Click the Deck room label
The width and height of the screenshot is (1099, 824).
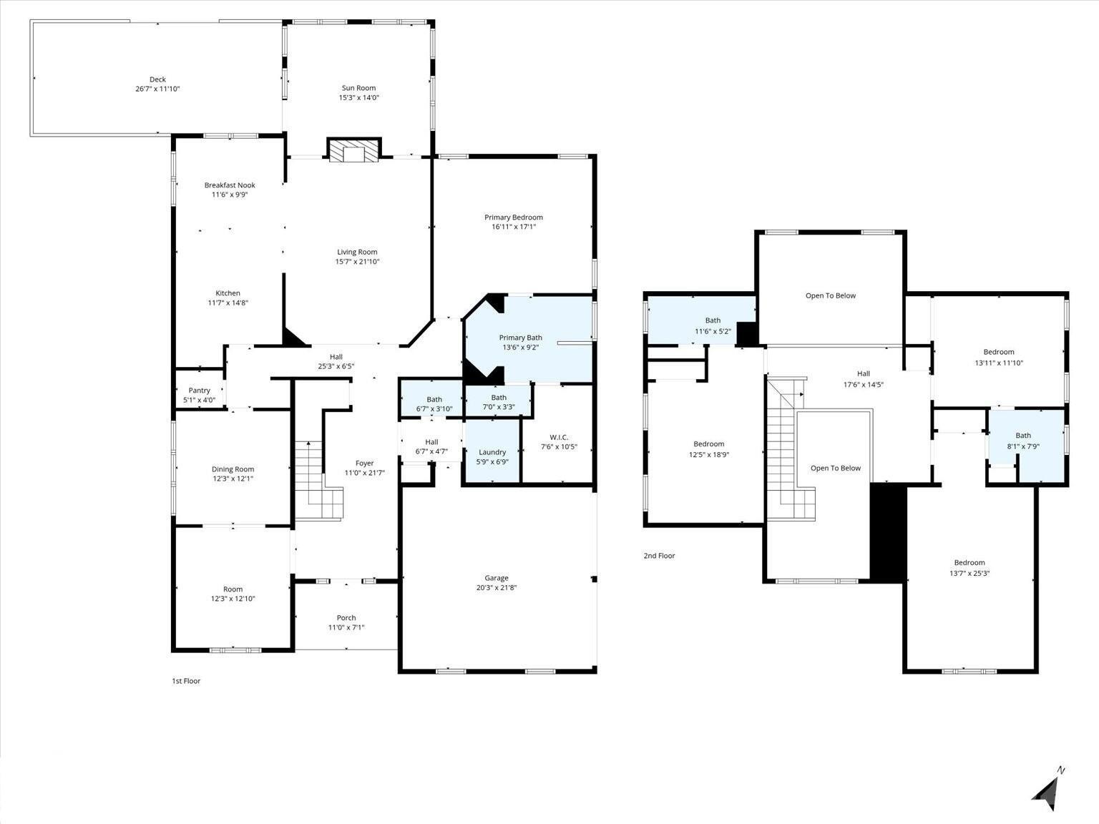[157, 79]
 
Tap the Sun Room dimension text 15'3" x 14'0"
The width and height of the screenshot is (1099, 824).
[358, 97]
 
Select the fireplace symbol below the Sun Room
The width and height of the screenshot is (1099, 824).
[353, 150]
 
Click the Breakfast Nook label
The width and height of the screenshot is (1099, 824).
[229, 185]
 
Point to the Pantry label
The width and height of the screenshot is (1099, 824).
[199, 391]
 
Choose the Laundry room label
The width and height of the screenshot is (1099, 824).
[492, 452]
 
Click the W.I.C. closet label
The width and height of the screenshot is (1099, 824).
[559, 437]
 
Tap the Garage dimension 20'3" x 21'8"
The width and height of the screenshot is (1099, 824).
[497, 588]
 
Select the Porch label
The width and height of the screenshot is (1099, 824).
[346, 618]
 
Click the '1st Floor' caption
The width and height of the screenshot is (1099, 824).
[186, 681]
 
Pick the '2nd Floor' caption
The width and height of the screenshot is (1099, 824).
[659, 556]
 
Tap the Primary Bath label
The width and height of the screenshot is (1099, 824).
[520, 338]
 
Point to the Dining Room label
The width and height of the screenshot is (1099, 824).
[233, 469]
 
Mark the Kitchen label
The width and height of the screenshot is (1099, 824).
[228, 293]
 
